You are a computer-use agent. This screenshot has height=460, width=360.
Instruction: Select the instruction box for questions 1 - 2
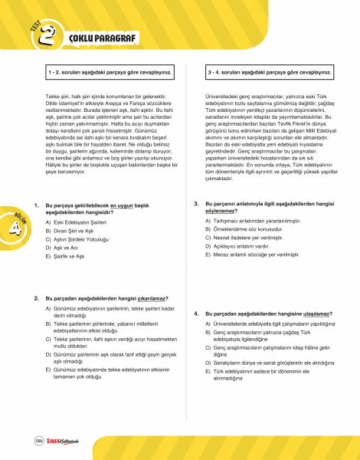click(x=107, y=73)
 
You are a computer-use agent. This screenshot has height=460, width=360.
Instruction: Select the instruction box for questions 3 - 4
click(x=270, y=73)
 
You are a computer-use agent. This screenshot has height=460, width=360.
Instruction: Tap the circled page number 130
click(x=39, y=439)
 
